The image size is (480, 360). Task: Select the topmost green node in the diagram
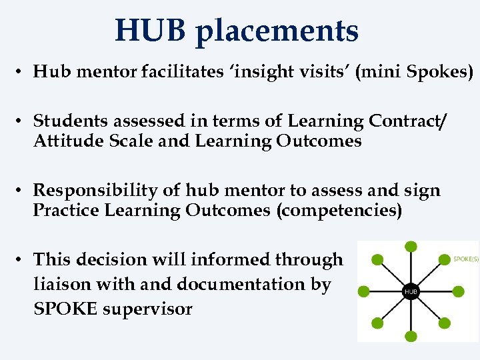pyautogui.click(x=411, y=247)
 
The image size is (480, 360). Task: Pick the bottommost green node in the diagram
pyautogui.click(x=411, y=337)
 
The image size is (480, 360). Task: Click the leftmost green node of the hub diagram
pyautogui.click(x=364, y=291)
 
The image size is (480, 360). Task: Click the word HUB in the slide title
pyautogui.click(x=149, y=31)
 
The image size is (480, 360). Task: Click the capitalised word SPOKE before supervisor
pyautogui.click(x=63, y=309)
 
